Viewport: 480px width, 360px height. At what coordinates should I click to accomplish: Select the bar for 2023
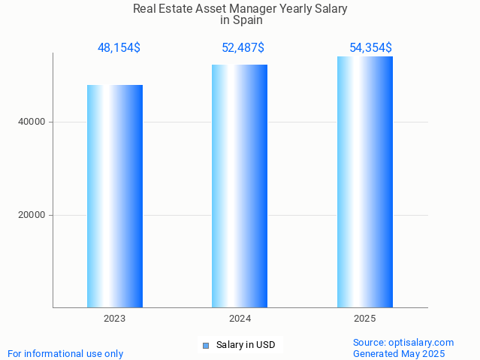click(x=115, y=196)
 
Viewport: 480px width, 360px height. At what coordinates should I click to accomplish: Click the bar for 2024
click(x=240, y=186)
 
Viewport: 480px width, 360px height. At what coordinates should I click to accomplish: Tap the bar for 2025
click(x=365, y=182)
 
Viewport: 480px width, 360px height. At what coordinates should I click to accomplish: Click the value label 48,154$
click(x=119, y=48)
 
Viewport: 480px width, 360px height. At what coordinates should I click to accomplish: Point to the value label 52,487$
click(x=243, y=48)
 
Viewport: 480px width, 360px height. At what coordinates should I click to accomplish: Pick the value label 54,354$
click(x=370, y=48)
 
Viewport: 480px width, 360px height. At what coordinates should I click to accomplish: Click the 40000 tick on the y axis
click(x=32, y=122)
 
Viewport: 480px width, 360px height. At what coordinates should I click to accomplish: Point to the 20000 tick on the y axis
click(x=32, y=215)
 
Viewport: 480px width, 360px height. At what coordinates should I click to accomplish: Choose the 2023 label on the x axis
click(x=115, y=319)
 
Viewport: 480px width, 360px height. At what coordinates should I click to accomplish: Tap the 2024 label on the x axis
click(x=240, y=319)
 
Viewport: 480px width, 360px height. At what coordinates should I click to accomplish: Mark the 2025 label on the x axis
click(x=365, y=319)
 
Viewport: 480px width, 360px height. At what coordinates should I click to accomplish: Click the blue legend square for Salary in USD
click(x=206, y=346)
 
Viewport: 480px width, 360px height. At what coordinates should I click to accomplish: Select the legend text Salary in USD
click(x=246, y=346)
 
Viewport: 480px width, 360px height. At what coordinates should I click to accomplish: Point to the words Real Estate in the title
click(x=157, y=9)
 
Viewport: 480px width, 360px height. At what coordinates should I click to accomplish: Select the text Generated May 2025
click(x=399, y=353)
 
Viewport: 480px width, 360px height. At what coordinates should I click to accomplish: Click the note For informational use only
click(x=65, y=353)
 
